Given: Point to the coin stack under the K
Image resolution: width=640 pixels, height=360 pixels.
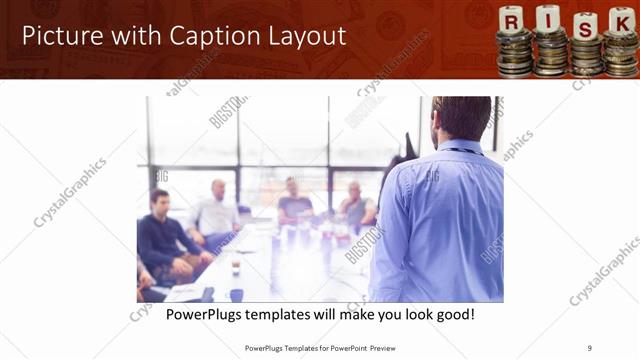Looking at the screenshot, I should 620,55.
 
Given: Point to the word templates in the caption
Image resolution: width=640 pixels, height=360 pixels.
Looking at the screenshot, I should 287,314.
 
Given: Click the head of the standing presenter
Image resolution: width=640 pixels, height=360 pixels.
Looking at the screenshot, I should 461,118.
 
